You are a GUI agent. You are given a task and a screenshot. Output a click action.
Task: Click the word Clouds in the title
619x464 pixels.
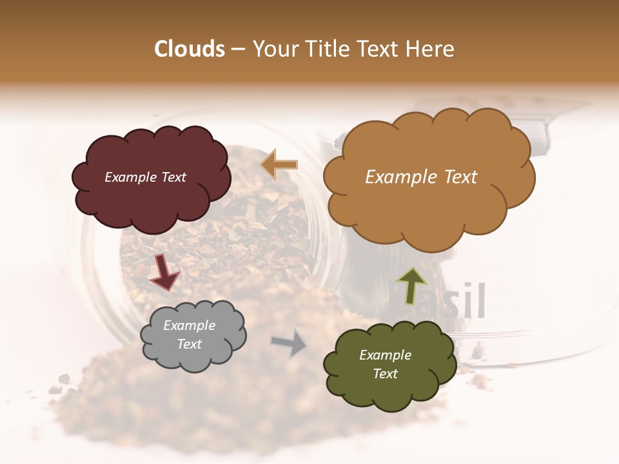[x=190, y=49]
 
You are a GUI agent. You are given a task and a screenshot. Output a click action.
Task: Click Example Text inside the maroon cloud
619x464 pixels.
[x=145, y=177]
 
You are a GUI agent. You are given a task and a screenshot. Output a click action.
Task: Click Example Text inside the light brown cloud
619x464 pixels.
[x=421, y=177]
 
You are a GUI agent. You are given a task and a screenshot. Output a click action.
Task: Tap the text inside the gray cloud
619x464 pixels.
[x=190, y=335]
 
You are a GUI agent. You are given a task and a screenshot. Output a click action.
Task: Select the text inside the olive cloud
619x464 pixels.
[x=385, y=364]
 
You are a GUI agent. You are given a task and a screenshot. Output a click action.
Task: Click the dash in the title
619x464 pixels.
[x=237, y=49]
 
